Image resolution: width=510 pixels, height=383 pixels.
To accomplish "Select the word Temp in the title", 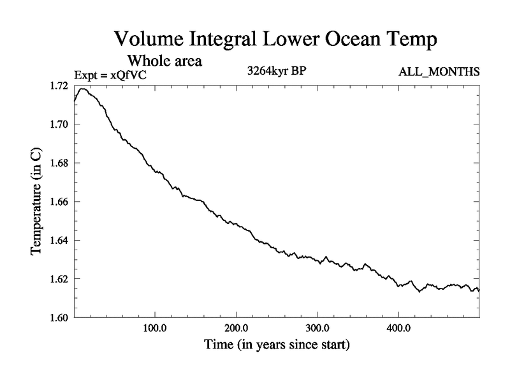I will click(412, 39).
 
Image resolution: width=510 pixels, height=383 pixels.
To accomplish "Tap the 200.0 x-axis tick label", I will click(237, 329).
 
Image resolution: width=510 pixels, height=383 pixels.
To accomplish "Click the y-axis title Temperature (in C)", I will click(36, 202).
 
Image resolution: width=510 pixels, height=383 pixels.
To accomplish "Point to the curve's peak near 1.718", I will click(83, 89).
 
